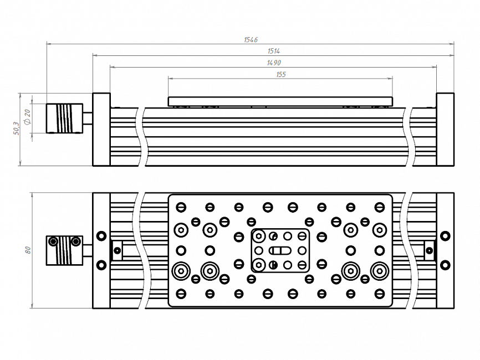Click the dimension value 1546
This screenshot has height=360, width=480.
[251, 40]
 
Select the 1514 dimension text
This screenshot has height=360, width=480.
[273, 52]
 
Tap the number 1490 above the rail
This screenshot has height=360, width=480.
[273, 63]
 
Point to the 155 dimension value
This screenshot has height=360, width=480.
[280, 75]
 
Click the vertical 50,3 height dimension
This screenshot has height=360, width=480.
[16, 128]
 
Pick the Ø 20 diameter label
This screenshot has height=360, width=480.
[28, 117]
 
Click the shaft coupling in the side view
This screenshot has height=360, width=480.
[64, 118]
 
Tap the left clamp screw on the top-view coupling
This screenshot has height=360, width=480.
[53, 241]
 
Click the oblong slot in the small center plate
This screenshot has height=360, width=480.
[280, 250]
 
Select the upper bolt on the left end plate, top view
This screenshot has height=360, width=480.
[101, 236]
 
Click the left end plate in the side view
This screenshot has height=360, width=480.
[101, 130]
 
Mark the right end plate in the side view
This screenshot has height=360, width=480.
[445, 130]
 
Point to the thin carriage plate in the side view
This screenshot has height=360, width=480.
[280, 101]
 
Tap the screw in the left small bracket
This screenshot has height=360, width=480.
[117, 250]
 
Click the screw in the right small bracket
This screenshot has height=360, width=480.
[429, 250]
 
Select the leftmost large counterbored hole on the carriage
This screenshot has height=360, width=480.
[181, 271]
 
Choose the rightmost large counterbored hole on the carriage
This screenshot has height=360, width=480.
[379, 271]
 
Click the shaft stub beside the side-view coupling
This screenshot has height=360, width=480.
[88, 118]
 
